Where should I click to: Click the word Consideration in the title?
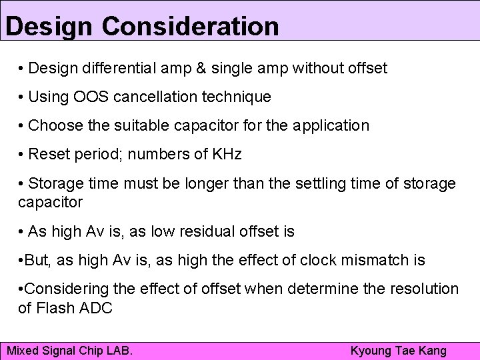point(191,26)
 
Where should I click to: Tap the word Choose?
point(53,125)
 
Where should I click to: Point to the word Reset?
point(48,155)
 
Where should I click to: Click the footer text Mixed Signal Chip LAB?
point(69,351)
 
